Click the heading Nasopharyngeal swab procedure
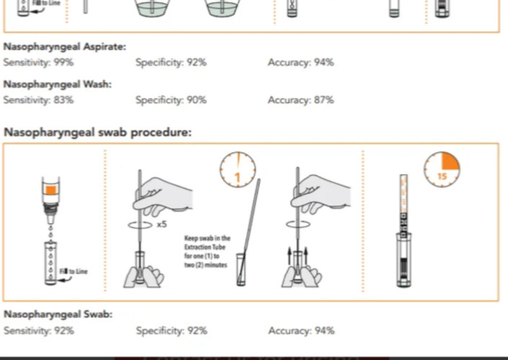pyautogui.click(x=97, y=132)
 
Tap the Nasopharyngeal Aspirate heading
pyautogui.click(x=65, y=47)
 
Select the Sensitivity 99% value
pyautogui.click(x=39, y=62)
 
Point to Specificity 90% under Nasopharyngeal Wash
pyautogui.click(x=171, y=100)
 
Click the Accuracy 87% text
pyautogui.click(x=301, y=99)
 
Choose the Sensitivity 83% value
pyautogui.click(x=39, y=99)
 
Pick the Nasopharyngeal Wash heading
pyautogui.click(x=58, y=84)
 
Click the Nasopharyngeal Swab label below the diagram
pyautogui.click(x=58, y=314)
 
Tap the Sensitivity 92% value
pyautogui.click(x=39, y=330)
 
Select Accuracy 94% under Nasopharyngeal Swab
pyautogui.click(x=301, y=330)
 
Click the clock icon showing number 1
pyautogui.click(x=238, y=169)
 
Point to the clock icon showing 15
pyautogui.click(x=442, y=169)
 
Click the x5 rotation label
pyautogui.click(x=162, y=224)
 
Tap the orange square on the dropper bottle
pyautogui.click(x=51, y=190)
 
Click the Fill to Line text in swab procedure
pyautogui.click(x=73, y=271)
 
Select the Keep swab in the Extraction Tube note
pyautogui.click(x=208, y=251)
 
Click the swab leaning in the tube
pyautogui.click(x=249, y=230)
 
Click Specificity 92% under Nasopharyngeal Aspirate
pyautogui.click(x=171, y=62)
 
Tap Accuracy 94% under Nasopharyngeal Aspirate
pyautogui.click(x=301, y=62)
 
